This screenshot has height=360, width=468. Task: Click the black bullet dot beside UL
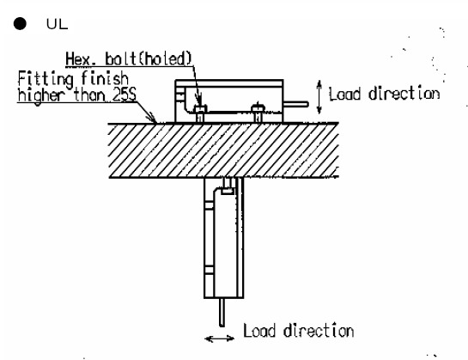(x=20, y=23)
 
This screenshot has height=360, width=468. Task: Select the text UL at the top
(x=57, y=24)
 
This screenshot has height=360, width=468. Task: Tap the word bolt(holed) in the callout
(x=149, y=58)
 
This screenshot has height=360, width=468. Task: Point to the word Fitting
(x=46, y=79)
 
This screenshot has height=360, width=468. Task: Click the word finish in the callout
(x=105, y=78)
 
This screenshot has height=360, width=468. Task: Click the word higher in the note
(x=41, y=96)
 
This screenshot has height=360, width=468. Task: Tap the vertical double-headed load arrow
(x=319, y=97)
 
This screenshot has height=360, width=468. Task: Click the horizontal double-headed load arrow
(x=219, y=339)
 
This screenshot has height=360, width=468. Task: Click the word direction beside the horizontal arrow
(x=319, y=331)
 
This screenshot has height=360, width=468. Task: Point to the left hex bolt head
(x=200, y=109)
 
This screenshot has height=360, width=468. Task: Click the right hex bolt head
(x=258, y=108)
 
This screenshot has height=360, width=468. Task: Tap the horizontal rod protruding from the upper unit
(x=295, y=104)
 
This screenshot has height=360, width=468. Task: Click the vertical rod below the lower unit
(x=222, y=313)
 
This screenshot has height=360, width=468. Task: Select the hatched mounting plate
(x=223, y=150)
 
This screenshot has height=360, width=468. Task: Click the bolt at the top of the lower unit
(x=228, y=186)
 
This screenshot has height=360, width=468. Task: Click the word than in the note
(x=89, y=95)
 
